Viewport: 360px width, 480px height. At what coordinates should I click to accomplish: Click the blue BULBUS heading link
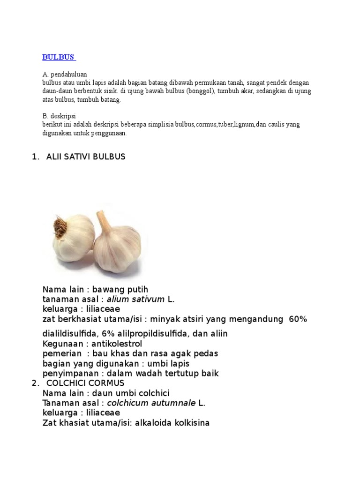point(58,57)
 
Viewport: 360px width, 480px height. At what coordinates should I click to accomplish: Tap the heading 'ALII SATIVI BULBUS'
point(86,157)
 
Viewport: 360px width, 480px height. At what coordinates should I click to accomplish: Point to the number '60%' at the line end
point(298,319)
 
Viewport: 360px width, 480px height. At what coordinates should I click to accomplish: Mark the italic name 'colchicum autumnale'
point(151,403)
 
